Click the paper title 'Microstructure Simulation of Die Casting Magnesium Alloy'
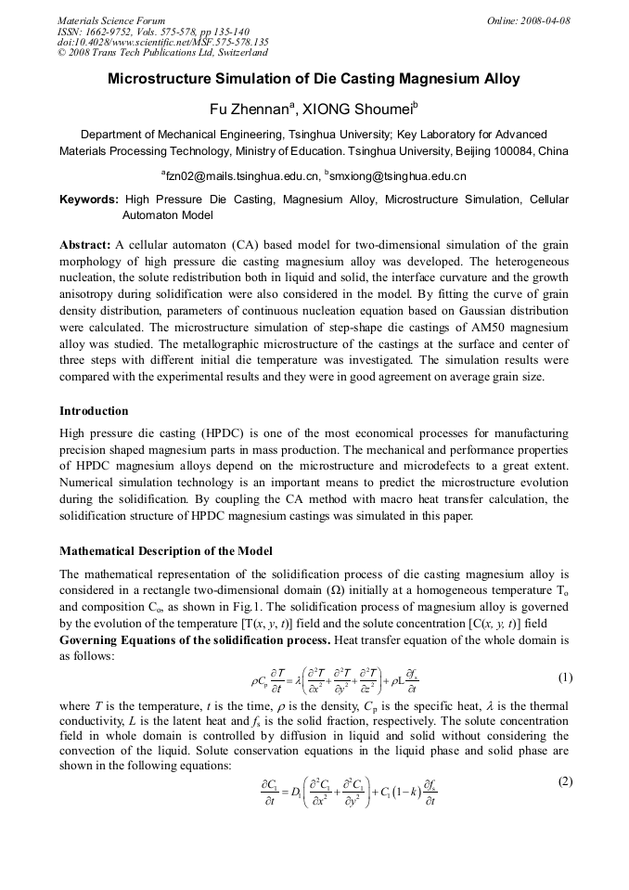tap(314, 79)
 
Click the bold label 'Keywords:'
tap(89, 200)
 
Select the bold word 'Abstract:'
tap(85, 245)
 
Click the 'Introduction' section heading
tap(94, 410)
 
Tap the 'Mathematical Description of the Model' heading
tap(165, 551)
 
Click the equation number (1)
tap(565, 677)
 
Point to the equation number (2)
tap(565, 781)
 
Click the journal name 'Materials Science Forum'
tap(111, 19)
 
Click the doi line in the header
tap(162, 42)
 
